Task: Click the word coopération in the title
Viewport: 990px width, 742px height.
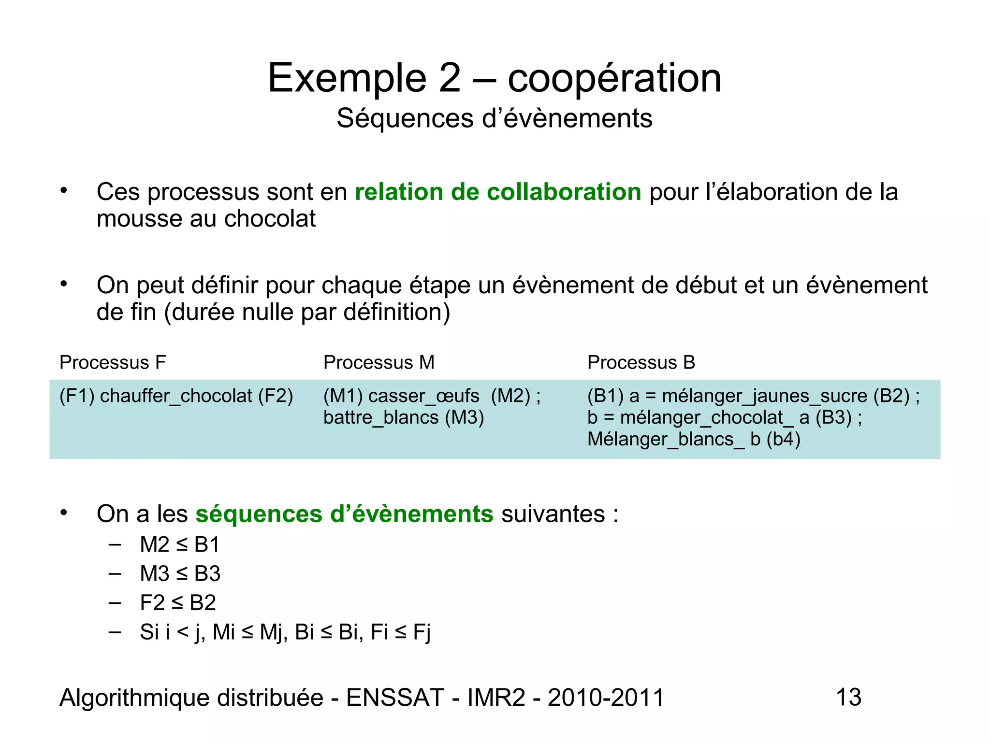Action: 614,78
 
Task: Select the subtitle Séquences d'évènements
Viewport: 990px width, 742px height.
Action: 495,118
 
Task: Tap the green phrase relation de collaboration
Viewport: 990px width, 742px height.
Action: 498,192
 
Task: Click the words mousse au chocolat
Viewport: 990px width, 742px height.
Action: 206,219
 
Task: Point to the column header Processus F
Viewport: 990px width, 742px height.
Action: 113,362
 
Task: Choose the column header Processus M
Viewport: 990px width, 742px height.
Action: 379,362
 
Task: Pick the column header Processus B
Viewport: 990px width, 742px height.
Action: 641,362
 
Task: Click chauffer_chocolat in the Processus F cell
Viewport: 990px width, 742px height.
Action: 176,396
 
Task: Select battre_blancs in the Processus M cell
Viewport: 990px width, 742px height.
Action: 381,417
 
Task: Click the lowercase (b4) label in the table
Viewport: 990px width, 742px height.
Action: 783,439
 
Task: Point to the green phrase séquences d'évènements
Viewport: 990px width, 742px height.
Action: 344,514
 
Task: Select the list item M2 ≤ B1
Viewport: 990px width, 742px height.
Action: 180,545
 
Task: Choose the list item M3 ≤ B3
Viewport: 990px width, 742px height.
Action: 180,574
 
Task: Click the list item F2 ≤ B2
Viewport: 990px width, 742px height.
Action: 178,603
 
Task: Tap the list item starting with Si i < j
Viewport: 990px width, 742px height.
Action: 285,632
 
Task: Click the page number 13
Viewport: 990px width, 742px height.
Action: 848,698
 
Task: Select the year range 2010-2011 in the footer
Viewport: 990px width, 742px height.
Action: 606,698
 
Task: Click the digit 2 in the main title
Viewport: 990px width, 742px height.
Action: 450,78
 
